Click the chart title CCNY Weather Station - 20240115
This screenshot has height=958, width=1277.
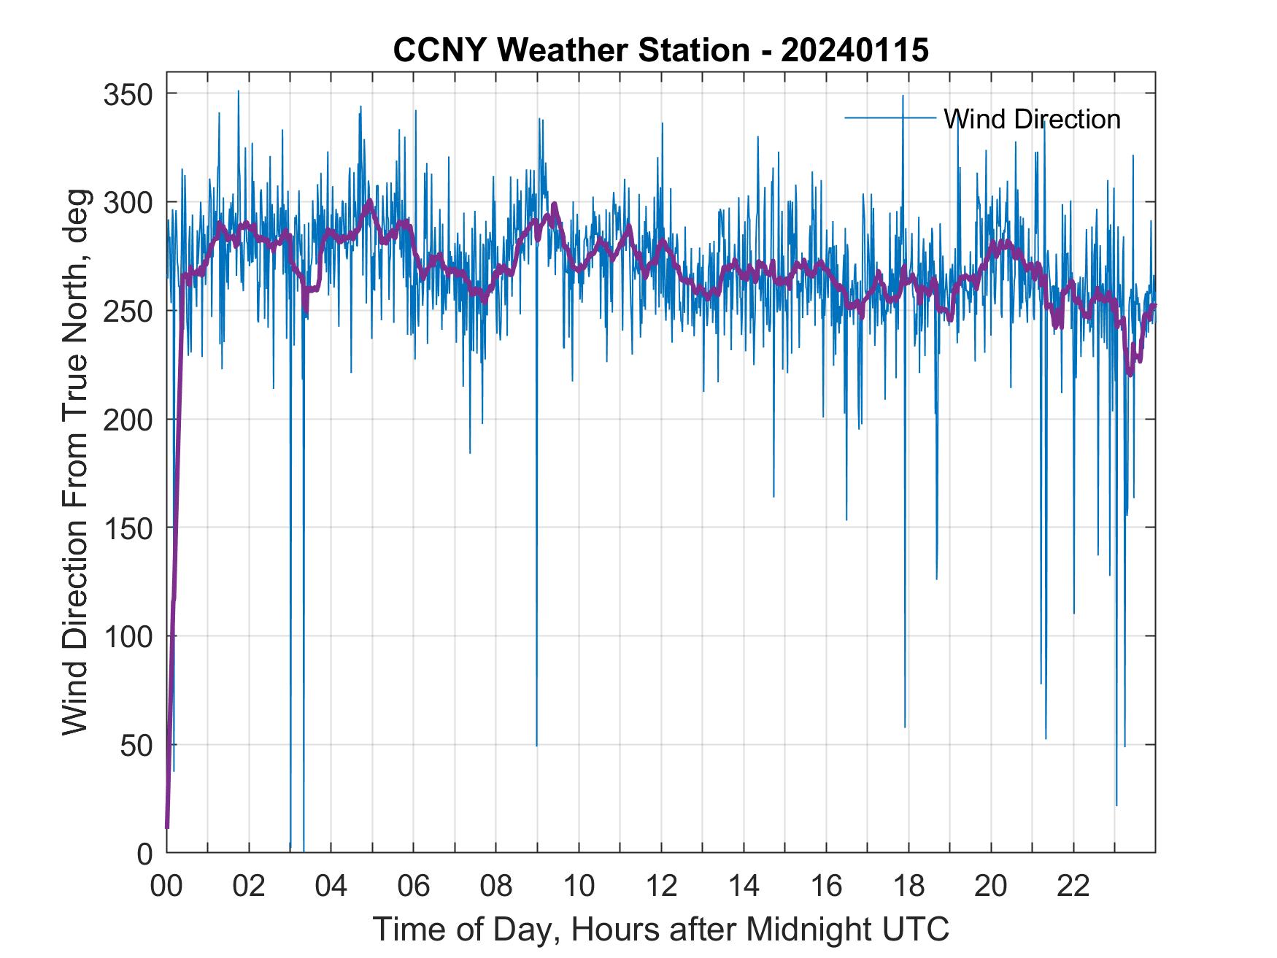point(660,50)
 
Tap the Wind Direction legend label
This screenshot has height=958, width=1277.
point(1032,119)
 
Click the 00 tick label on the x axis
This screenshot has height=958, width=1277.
point(166,886)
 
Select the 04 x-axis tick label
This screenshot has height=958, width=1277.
point(331,886)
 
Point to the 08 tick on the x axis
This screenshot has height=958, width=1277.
point(496,886)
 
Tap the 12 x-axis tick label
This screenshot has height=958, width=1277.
point(661,886)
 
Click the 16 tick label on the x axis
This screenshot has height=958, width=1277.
point(826,886)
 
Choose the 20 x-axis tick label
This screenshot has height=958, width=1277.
point(991,886)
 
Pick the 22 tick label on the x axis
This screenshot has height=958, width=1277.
point(1073,886)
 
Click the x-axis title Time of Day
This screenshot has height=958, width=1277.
point(660,930)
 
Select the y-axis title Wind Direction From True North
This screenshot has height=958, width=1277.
point(76,461)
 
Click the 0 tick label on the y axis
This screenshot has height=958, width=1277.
point(145,854)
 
